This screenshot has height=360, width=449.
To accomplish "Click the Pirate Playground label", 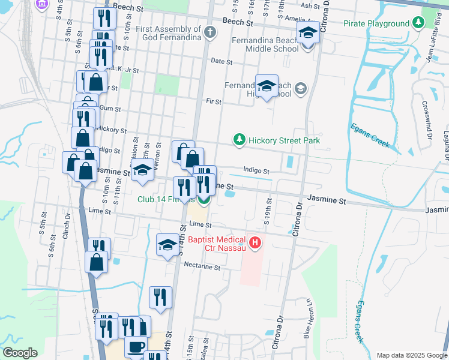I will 376,23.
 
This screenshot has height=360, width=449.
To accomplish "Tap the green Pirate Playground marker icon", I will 420,23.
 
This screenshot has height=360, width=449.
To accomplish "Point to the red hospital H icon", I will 255,243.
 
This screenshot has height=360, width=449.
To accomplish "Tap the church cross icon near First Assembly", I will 209,32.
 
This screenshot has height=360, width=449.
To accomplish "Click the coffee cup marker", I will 136,347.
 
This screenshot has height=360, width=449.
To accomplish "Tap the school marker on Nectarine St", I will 167,244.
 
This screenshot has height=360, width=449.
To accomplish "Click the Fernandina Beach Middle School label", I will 264,45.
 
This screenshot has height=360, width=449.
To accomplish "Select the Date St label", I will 222,61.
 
